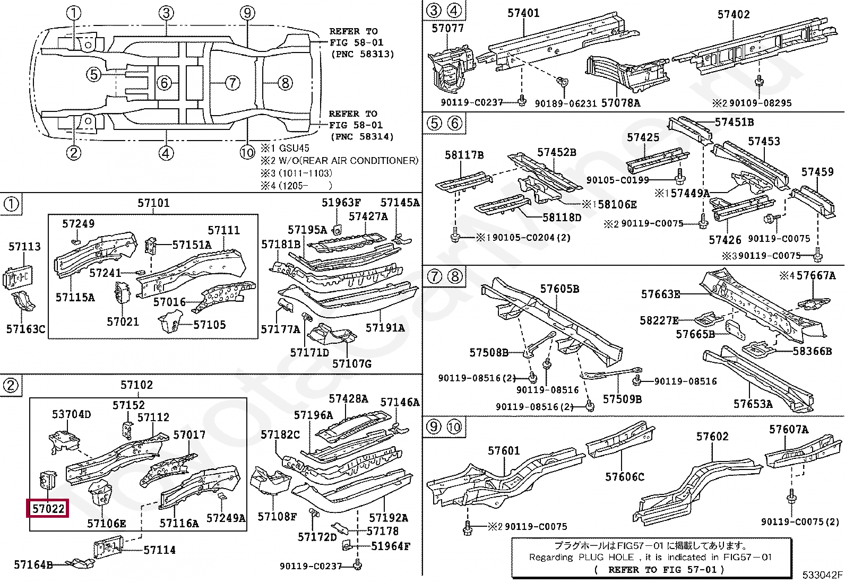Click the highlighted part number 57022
48,509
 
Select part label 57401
523,12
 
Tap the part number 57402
734,14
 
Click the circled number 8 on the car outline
285,83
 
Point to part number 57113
24,246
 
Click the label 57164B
33,565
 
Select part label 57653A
753,404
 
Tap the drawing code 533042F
822,575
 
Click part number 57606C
624,477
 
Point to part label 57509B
622,398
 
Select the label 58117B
464,155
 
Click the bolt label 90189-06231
566,103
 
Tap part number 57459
817,172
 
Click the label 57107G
351,363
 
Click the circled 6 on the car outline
165,83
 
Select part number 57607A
789,429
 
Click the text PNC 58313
363,54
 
